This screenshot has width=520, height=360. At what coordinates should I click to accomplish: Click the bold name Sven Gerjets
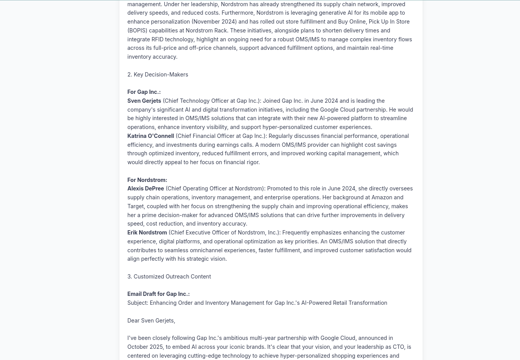coord(144,101)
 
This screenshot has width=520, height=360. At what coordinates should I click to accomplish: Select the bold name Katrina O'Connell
coord(150,136)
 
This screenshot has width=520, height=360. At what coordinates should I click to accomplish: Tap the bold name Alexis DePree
coord(145,188)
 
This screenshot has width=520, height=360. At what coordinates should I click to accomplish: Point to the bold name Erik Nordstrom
coord(147,233)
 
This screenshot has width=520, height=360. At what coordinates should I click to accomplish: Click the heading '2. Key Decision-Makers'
coord(157,75)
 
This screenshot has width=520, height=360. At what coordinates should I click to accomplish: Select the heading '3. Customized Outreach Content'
coord(169,277)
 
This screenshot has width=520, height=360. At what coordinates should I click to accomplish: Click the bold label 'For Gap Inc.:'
coord(144,92)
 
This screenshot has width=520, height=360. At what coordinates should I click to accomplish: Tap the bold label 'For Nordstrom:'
coord(147,180)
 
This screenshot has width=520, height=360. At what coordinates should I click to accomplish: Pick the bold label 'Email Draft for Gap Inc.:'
coord(158,294)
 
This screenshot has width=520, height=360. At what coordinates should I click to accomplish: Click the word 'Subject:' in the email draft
coord(138,303)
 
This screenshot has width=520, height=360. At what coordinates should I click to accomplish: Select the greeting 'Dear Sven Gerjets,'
coord(151,321)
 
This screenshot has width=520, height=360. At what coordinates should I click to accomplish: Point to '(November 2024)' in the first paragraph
coord(214,22)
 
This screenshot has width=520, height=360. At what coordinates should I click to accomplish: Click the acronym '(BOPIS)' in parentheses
coord(137,31)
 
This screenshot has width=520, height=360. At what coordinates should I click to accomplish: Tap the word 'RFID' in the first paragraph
coord(157,39)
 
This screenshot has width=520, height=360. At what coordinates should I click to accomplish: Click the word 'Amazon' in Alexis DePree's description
coord(382,197)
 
